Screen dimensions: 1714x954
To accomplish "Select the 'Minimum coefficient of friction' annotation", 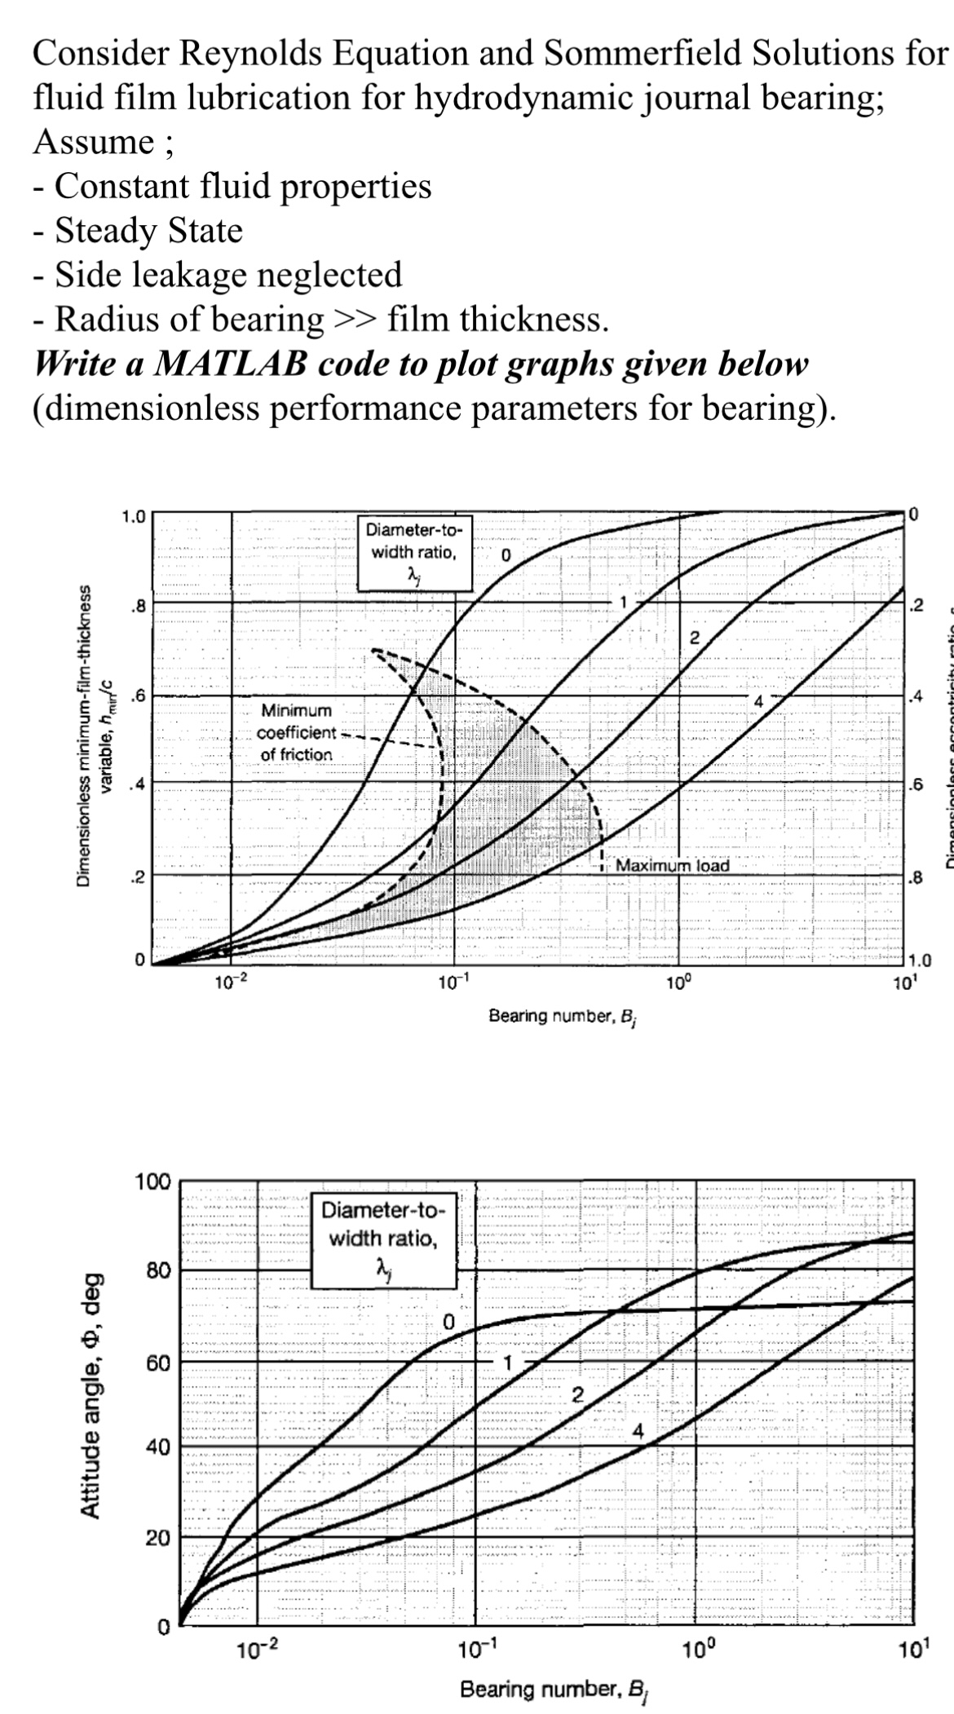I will (x=296, y=732).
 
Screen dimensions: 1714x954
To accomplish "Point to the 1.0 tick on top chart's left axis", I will (x=132, y=516).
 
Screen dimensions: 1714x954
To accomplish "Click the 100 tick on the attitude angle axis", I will (x=152, y=1182).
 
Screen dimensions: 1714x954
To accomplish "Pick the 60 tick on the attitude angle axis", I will (x=157, y=1363).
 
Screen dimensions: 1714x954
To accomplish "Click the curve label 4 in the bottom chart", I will (x=638, y=1431).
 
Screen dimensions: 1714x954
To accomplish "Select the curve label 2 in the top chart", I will (x=695, y=638).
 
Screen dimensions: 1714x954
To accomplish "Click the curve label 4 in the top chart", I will (x=758, y=700).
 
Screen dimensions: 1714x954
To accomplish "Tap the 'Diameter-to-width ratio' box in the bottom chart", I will (x=383, y=1239).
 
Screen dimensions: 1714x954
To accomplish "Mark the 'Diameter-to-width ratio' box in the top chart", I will (x=414, y=553).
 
